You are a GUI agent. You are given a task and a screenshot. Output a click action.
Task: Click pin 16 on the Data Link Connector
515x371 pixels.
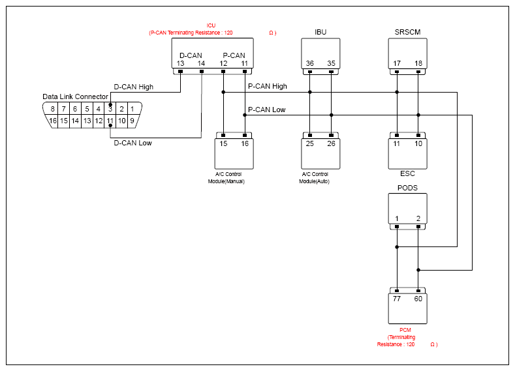point(53,121)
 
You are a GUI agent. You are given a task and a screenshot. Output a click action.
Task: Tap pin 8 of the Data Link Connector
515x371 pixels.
point(53,109)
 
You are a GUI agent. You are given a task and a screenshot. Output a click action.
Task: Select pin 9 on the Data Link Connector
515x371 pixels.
point(132,121)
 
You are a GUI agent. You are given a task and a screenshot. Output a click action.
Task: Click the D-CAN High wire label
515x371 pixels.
point(133,87)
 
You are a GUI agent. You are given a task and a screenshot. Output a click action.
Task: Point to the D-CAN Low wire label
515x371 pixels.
point(133,143)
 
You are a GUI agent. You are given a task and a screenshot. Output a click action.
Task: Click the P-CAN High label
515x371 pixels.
point(268,86)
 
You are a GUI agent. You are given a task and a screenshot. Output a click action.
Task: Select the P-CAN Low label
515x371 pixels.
point(267,110)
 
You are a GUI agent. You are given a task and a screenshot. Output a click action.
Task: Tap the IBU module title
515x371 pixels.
point(320,32)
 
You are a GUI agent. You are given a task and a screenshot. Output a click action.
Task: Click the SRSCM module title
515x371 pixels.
point(407,32)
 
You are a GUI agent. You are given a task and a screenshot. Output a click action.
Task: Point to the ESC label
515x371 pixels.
point(407,173)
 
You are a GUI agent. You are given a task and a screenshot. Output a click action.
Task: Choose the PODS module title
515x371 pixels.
point(407,188)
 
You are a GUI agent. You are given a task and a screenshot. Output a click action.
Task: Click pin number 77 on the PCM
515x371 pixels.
point(397,299)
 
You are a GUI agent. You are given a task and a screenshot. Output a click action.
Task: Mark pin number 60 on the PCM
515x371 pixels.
point(418,299)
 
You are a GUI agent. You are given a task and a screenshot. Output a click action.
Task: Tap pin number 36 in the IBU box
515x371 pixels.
point(310,63)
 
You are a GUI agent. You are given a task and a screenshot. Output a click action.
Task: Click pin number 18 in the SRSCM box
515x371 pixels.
point(418,63)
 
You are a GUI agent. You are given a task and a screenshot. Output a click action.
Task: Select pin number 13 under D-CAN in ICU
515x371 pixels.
point(180,63)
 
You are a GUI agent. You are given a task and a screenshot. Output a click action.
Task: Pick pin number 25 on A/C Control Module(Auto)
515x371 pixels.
point(310,143)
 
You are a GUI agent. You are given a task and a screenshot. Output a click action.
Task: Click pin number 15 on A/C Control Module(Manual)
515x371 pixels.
point(223,143)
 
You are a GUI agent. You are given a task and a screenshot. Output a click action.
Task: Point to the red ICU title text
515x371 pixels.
point(211,25)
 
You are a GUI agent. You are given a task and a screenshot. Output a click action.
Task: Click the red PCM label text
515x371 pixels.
point(405,330)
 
